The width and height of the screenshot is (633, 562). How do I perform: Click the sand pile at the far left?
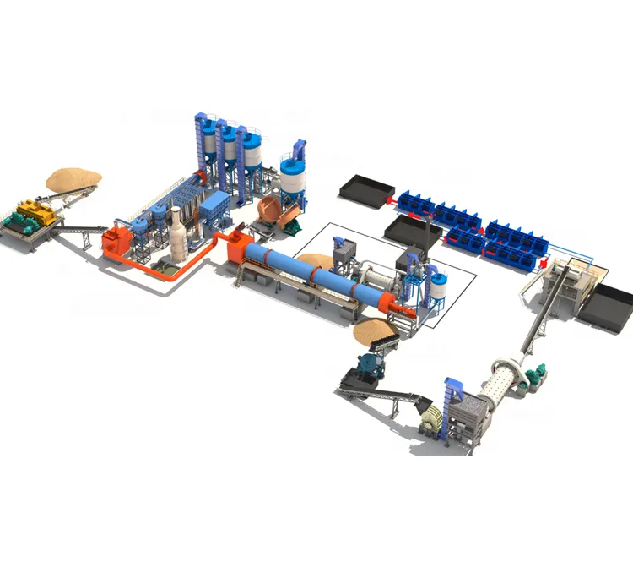coord(73,178)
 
